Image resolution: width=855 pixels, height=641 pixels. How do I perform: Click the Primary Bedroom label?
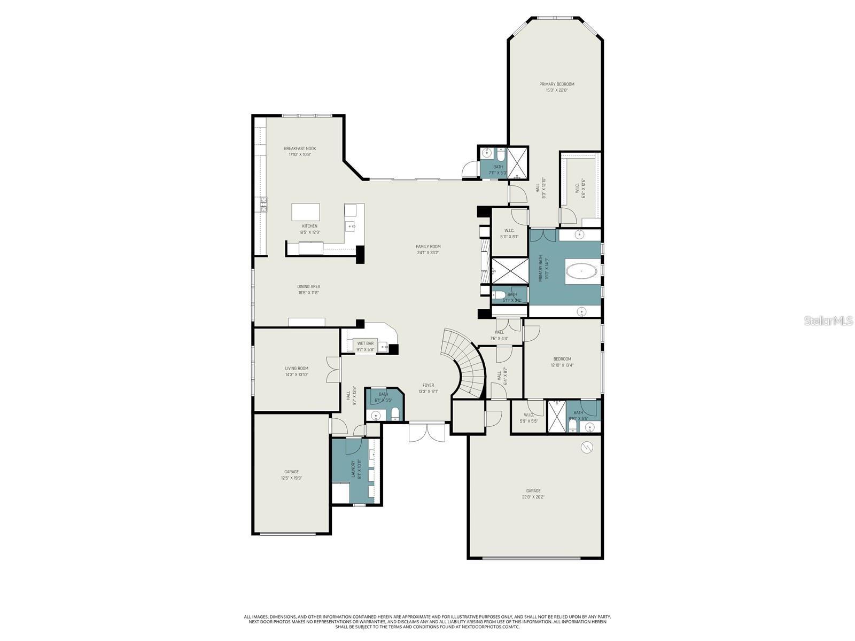(x=556, y=87)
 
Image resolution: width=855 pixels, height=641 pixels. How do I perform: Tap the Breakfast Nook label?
(x=300, y=151)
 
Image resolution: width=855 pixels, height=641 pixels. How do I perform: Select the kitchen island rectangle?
(x=306, y=212)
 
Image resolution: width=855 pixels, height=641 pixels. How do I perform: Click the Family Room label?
(x=428, y=249)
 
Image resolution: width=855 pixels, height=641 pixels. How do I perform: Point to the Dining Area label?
(x=309, y=290)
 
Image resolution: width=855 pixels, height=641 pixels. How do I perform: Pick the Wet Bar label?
(x=366, y=346)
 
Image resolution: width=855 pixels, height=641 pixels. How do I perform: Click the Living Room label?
(x=297, y=371)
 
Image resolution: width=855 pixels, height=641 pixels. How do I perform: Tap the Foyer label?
(x=428, y=388)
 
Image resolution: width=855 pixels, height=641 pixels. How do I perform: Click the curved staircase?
(x=465, y=363)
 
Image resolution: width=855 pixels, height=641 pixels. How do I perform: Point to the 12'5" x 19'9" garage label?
(x=291, y=475)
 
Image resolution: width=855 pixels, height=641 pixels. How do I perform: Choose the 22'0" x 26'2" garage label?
(x=533, y=494)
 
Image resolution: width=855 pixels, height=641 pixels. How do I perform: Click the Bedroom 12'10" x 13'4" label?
(x=562, y=362)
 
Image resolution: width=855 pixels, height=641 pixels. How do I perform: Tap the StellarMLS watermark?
(x=830, y=320)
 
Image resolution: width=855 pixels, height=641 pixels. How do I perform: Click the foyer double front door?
(x=427, y=432)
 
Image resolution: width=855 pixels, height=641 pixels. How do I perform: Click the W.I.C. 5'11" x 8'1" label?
(x=509, y=233)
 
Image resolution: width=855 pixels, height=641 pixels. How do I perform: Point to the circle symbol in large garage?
(x=587, y=447)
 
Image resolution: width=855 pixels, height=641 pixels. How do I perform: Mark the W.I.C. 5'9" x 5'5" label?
(x=528, y=418)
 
